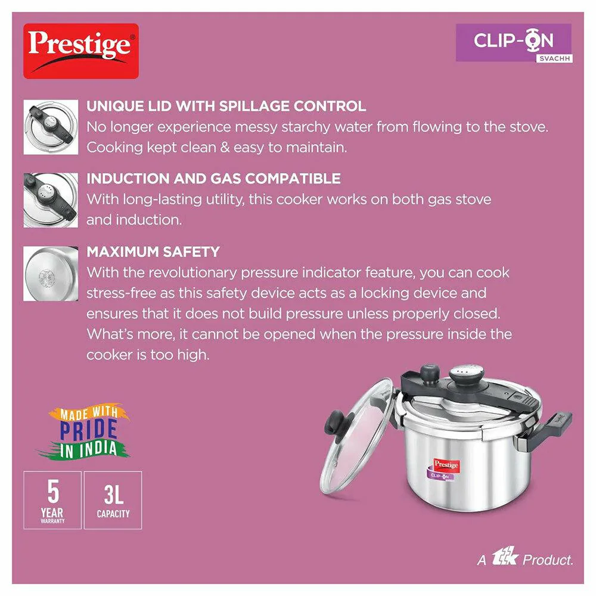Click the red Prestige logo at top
click(81, 51)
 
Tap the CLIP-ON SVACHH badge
click(514, 43)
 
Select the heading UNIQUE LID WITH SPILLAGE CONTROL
click(226, 106)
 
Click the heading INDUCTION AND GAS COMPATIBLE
click(213, 179)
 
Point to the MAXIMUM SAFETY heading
click(153, 252)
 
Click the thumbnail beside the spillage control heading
click(51, 127)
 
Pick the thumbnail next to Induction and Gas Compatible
click(51, 200)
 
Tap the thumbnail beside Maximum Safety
click(51, 274)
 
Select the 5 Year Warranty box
click(52, 500)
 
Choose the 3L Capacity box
click(113, 500)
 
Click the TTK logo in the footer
click(505, 557)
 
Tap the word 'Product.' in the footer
click(548, 560)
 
